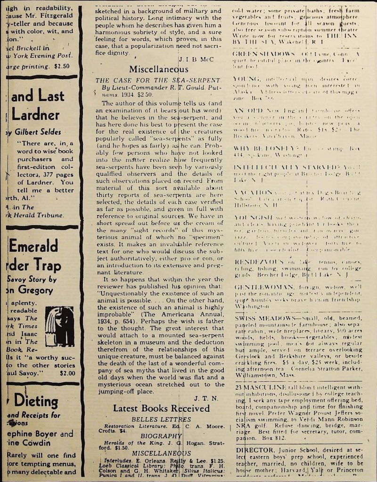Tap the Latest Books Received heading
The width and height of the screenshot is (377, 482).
pyautogui.click(x=161, y=409)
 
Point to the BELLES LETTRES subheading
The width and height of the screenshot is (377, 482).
pyautogui.click(x=161, y=419)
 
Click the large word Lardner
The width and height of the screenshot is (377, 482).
pyautogui.click(x=36, y=115)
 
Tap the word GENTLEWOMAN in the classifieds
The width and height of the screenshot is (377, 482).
pyautogui.click(x=259, y=286)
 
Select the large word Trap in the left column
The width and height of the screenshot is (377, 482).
pyautogui.click(x=43, y=265)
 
